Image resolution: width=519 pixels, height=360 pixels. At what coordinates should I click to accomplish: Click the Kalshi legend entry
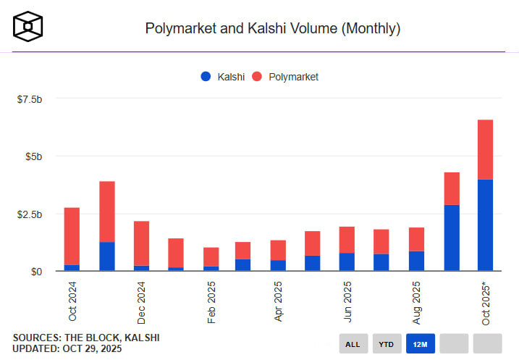(x=224, y=76)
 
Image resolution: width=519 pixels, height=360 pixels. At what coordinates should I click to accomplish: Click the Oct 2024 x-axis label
(x=72, y=302)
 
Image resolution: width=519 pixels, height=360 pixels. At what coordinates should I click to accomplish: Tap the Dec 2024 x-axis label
(x=142, y=302)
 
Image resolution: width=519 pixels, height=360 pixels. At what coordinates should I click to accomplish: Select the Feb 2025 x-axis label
(x=211, y=302)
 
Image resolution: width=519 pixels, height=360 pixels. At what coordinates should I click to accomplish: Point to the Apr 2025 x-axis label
(x=279, y=302)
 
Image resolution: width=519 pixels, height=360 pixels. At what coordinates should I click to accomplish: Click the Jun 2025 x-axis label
(x=348, y=302)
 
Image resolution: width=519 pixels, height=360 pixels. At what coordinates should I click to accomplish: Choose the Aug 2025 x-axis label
(x=418, y=302)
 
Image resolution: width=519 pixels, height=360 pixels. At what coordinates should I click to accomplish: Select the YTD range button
(x=387, y=343)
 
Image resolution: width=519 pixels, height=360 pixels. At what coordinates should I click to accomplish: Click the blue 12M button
(x=420, y=343)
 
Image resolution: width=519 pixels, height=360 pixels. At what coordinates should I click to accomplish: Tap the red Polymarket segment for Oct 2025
(x=485, y=149)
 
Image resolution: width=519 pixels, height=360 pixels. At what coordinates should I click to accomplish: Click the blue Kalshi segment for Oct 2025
(x=485, y=225)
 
